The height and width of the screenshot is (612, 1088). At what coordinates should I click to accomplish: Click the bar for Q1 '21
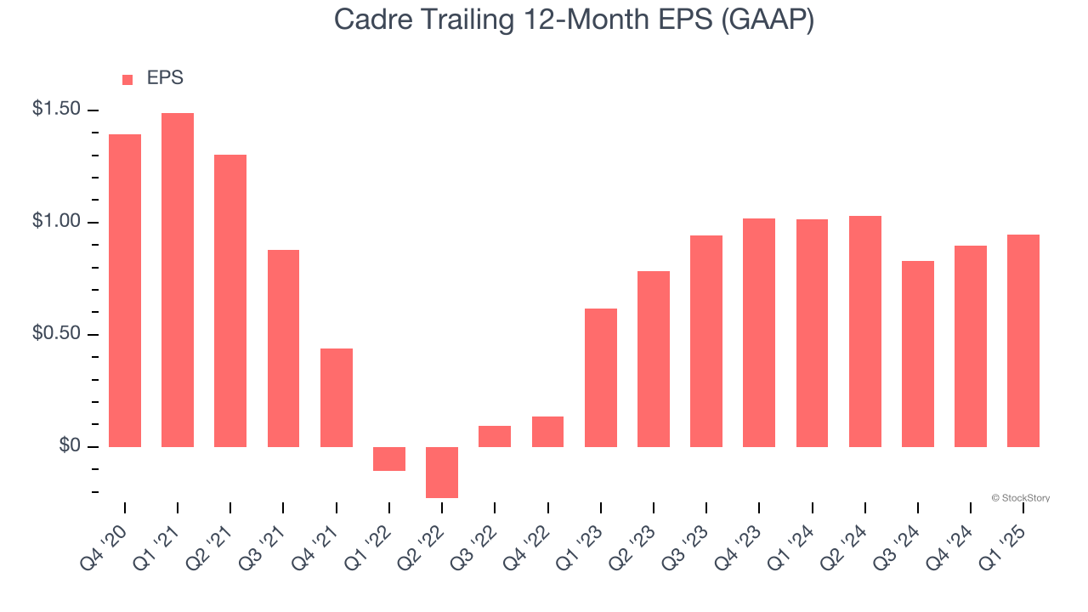coord(178,280)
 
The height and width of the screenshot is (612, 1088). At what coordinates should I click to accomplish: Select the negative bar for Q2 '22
coord(442,473)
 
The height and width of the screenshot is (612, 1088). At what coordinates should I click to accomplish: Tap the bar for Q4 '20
coord(125,291)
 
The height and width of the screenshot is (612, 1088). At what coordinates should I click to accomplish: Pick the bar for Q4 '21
coord(337,398)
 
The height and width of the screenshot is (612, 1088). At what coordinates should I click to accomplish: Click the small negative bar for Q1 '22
coord(389,459)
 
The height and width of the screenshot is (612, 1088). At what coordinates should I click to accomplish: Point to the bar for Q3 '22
coord(495,436)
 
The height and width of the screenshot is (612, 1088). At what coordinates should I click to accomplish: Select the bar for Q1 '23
coord(601,378)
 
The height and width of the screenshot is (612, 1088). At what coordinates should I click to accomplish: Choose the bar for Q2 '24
coord(865,331)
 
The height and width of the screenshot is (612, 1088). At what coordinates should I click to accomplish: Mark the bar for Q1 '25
coord(1023,341)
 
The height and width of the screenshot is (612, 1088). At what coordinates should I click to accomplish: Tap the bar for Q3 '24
coord(918,354)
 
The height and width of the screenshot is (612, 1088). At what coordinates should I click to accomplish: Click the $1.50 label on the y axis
coord(57,110)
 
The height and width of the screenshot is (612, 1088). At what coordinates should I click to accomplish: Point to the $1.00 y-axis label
coord(57,222)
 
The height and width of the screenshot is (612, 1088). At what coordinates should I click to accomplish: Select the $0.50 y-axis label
coord(57,334)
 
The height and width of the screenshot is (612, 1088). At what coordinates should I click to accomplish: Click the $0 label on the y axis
coord(70,446)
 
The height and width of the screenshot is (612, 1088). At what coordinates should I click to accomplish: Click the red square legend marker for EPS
coord(127,80)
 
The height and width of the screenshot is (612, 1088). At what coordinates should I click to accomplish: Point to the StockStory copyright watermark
coord(1020,498)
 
